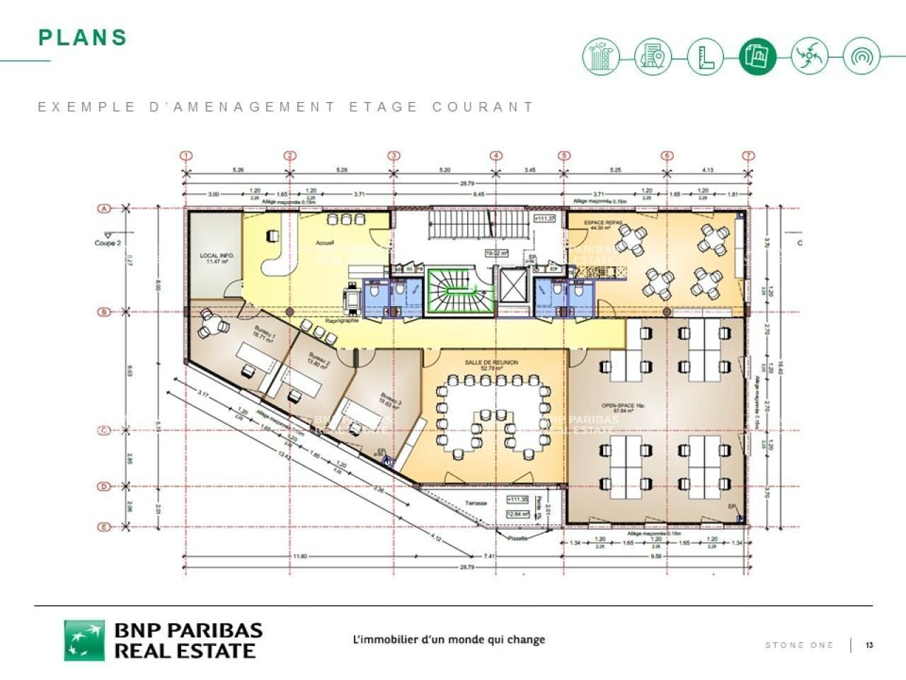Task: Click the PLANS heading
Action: coord(83,38)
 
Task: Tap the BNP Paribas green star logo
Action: coord(84,640)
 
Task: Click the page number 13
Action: coord(869,645)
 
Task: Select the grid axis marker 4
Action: coord(496,156)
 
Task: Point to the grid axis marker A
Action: coord(104,208)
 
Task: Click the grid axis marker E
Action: coord(104,526)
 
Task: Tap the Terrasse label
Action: coord(476,503)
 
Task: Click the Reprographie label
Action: coord(342,321)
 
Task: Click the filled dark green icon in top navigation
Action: coord(757,56)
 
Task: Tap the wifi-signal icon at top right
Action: coord(861,56)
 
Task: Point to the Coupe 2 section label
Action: coord(108,242)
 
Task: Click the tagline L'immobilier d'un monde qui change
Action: coord(449,640)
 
